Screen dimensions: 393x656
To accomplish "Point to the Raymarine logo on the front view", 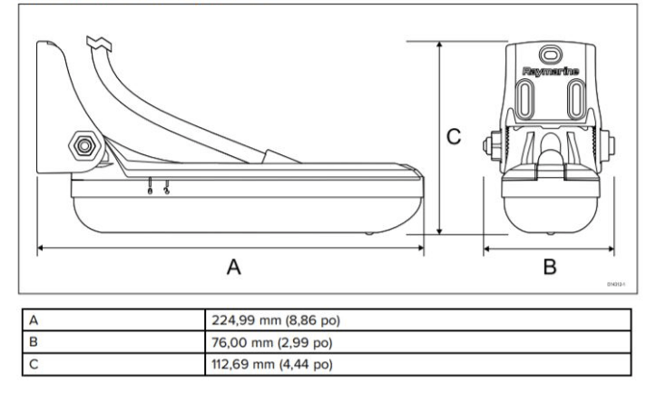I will (x=551, y=69).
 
